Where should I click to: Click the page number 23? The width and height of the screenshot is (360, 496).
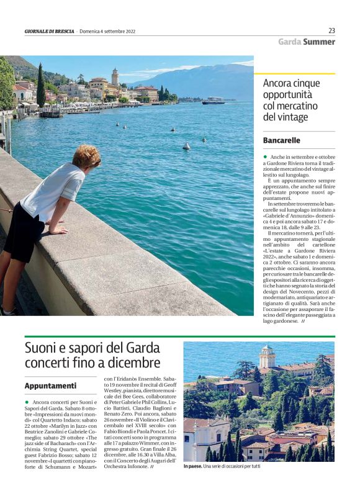[x=331, y=30]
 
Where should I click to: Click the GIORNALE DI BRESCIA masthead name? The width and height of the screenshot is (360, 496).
[x=50, y=31]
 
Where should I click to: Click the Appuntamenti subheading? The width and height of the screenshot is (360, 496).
[x=50, y=386]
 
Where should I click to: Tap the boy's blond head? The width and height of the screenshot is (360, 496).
[x=86, y=156]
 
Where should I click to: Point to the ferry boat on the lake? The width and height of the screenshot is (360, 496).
[x=213, y=101]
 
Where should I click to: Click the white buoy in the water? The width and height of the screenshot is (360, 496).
[x=186, y=147]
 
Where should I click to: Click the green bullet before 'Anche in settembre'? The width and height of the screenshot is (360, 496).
[x=265, y=157]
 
